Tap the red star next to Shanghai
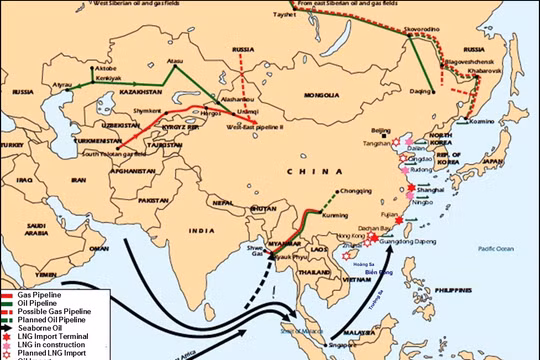pos(410,190)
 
